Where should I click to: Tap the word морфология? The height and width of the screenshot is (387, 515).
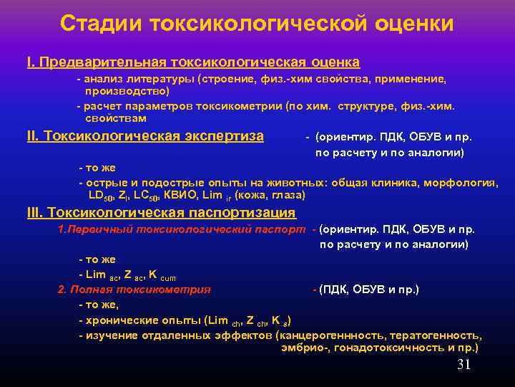461,183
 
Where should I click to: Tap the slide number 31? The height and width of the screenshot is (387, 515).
463,365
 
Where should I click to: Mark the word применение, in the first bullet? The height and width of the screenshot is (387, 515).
413,79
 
